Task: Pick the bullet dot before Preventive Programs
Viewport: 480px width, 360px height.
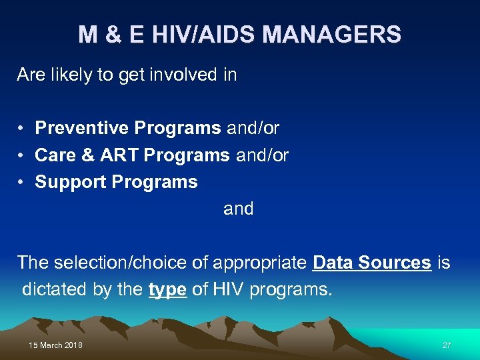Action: click(22, 128)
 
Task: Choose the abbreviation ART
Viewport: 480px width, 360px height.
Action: click(119, 155)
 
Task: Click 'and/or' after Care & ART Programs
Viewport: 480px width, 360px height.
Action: click(262, 155)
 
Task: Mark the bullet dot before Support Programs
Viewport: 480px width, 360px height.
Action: click(22, 182)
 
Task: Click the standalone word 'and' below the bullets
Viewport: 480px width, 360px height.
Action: click(239, 209)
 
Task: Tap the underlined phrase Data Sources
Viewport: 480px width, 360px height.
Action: click(371, 263)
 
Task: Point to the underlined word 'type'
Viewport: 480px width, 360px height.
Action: click(167, 289)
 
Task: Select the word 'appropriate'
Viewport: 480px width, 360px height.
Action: click(260, 263)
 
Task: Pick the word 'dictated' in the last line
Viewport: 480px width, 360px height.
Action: click(53, 289)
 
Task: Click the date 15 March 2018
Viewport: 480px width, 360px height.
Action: click(55, 345)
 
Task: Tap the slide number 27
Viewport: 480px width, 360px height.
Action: click(447, 345)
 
